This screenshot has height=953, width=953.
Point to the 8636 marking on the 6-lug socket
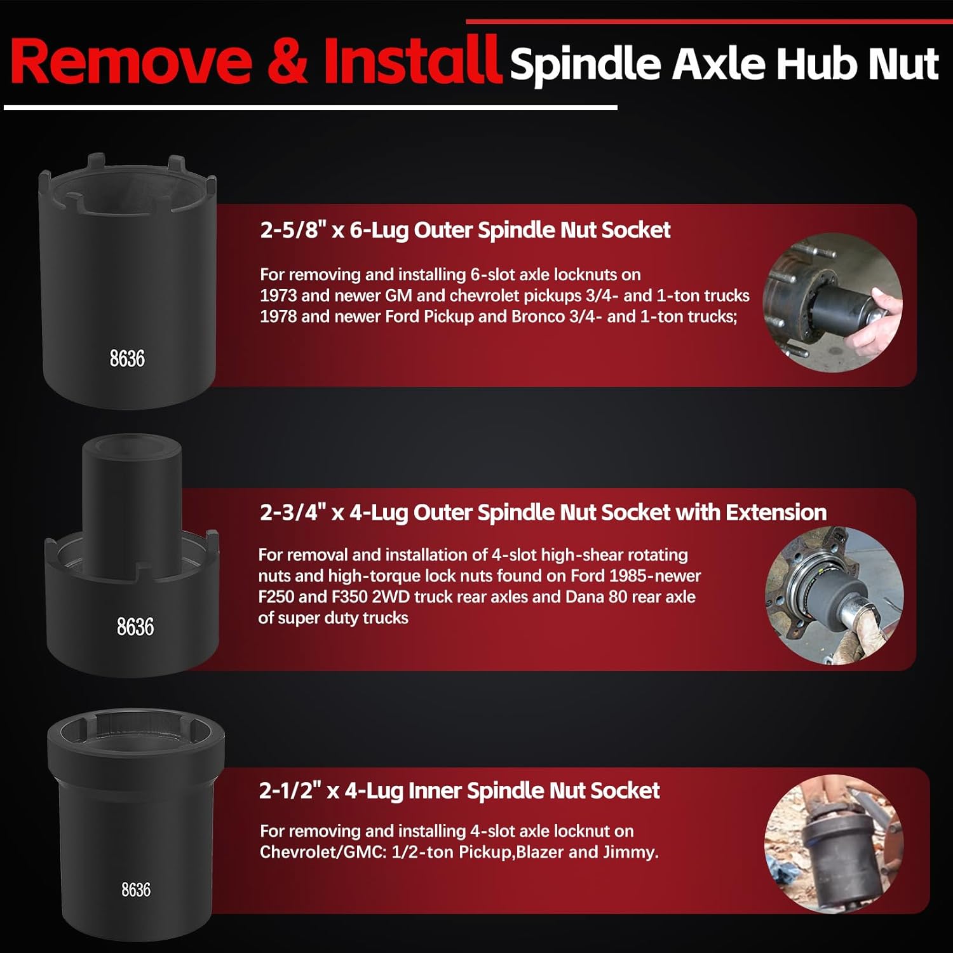click(x=127, y=358)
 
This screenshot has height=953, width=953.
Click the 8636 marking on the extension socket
click(x=135, y=626)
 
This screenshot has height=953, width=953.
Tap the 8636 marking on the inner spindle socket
click(x=136, y=889)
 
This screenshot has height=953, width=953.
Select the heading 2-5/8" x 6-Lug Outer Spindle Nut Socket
click(x=465, y=230)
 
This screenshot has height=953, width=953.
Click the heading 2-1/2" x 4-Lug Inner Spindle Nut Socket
click(x=459, y=790)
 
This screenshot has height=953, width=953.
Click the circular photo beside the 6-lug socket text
click(x=832, y=302)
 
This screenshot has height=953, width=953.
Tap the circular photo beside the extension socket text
click(x=834, y=596)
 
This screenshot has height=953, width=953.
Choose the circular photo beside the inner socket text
click(x=834, y=844)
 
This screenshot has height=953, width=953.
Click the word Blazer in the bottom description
click(x=540, y=852)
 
